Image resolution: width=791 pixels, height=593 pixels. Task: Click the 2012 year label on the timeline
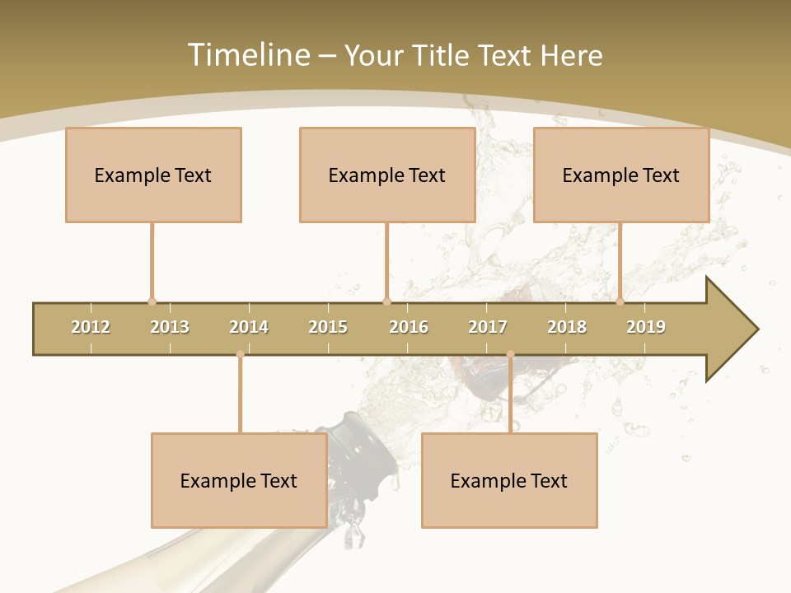[x=91, y=327]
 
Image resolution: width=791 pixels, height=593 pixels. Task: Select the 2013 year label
[x=170, y=327]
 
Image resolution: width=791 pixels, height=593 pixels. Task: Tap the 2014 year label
[x=249, y=327]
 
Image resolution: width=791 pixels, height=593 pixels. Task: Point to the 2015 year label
[x=328, y=327]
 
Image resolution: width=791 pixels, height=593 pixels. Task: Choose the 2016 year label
[x=409, y=327]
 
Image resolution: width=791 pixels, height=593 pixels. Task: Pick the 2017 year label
[x=488, y=327]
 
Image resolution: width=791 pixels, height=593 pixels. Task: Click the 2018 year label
[x=567, y=327]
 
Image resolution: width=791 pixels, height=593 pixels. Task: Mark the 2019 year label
[x=646, y=327]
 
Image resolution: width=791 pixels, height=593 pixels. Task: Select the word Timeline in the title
[x=246, y=55]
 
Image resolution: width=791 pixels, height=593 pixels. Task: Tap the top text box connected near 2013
[x=153, y=175]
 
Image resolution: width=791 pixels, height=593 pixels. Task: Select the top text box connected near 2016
[x=387, y=175]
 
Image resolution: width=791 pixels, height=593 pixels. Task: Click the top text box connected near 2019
[x=621, y=175]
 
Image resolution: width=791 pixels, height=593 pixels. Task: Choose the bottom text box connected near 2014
[x=239, y=480]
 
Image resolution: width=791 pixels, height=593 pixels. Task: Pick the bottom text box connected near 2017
[x=509, y=480]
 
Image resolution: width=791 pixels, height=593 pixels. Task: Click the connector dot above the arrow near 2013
[x=152, y=301]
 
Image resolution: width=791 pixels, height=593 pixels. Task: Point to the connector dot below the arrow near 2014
[x=240, y=354]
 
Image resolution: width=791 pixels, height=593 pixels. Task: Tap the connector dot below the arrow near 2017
[x=510, y=354]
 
